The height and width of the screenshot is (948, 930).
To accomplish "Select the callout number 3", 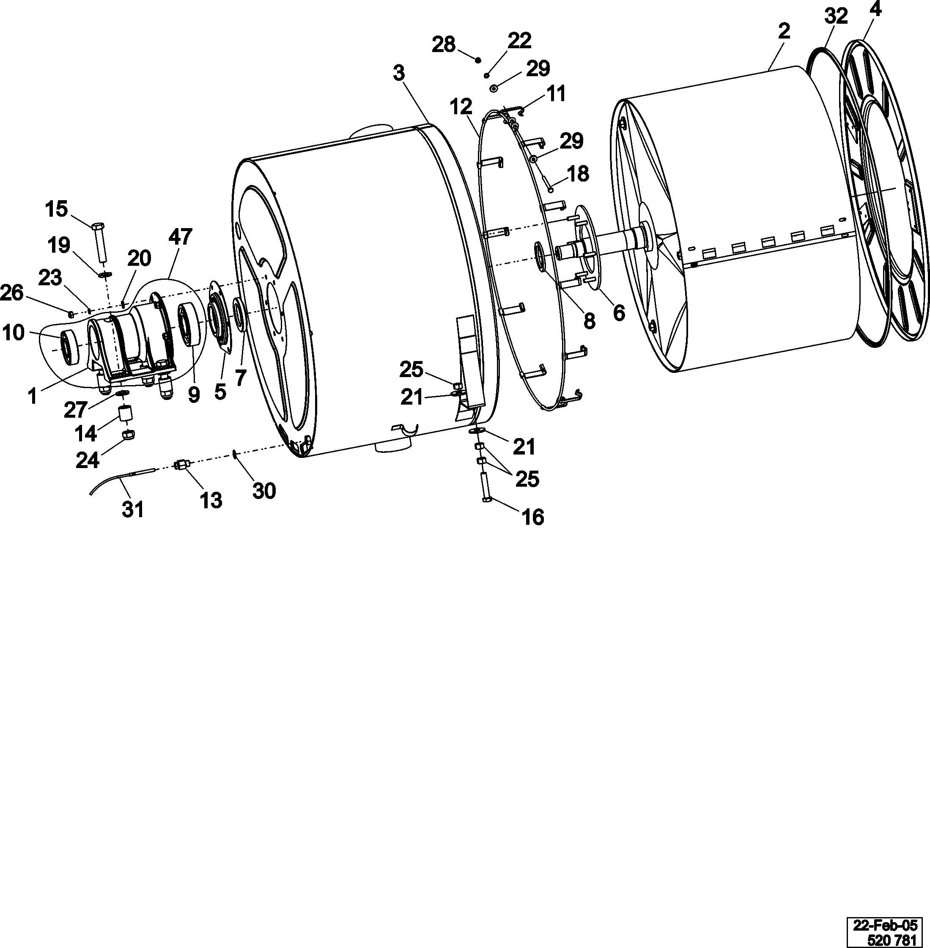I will tap(399, 73).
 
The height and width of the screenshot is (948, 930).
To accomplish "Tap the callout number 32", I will tap(836, 17).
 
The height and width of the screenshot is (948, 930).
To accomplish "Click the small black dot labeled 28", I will tap(478, 60).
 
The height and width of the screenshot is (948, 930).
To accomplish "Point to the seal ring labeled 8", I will tap(541, 256).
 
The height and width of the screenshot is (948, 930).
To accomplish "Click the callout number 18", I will tap(578, 174).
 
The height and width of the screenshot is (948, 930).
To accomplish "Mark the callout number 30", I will tap(264, 490).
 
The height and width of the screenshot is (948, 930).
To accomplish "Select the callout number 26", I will tap(12, 293).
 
